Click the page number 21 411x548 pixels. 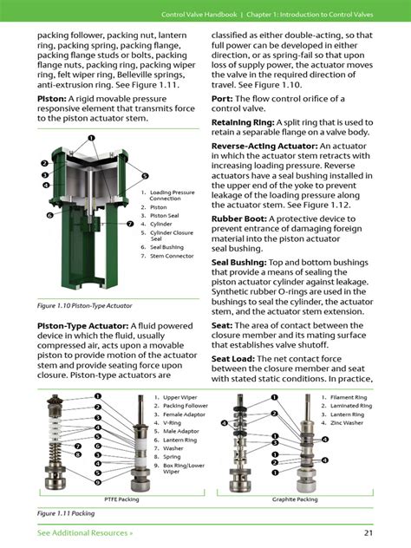(x=369, y=532)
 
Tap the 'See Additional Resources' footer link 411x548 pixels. (x=85, y=532)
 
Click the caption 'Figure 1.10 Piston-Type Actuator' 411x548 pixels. (x=84, y=306)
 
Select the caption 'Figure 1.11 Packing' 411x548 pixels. (x=66, y=513)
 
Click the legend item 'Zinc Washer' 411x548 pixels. (x=352, y=422)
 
